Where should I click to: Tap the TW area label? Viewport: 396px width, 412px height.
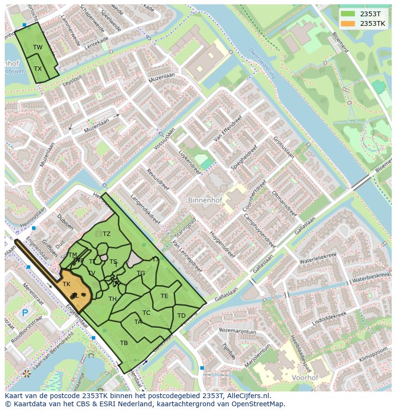[38, 47]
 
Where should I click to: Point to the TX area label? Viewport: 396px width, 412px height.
[38, 68]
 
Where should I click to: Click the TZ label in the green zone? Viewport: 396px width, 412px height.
[106, 234]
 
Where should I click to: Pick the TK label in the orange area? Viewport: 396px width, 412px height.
[66, 284]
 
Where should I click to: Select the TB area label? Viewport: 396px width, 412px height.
[124, 343]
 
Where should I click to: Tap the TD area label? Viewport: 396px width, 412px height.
[181, 315]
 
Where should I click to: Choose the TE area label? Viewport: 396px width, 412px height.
[164, 296]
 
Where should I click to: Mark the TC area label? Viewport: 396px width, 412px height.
[146, 312]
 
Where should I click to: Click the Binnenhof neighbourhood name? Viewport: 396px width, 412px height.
[205, 200]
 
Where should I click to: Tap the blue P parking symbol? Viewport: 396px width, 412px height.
[25, 314]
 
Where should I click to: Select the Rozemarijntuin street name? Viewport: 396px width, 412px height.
[238, 330]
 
